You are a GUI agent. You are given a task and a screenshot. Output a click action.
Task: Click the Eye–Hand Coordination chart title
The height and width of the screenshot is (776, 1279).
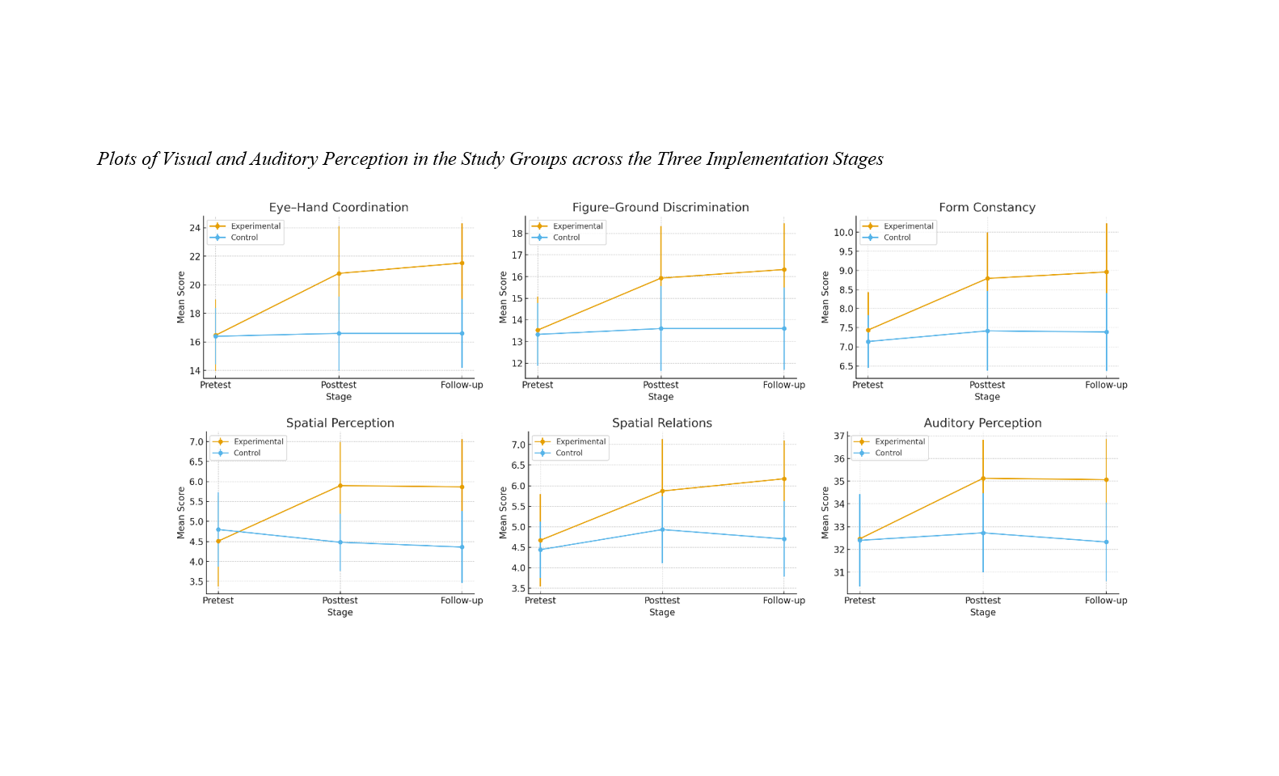339,208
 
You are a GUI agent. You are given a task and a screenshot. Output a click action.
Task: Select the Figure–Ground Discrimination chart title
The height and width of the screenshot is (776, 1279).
661,208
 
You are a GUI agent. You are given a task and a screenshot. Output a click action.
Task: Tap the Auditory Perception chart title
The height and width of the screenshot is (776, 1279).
982,424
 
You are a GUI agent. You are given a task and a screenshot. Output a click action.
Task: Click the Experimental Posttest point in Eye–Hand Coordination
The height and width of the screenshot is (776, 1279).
339,273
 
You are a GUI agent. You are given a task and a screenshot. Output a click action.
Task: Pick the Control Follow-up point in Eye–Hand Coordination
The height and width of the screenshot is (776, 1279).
462,333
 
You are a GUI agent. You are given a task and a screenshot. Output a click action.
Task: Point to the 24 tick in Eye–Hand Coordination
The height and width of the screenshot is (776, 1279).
195,229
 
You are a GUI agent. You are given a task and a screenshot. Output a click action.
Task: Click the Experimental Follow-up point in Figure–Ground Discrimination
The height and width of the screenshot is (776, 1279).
783,270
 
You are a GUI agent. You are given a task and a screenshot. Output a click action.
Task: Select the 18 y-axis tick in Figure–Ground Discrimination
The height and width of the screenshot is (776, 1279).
517,234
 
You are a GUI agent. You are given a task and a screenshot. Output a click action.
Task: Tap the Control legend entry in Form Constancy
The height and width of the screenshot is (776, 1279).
897,238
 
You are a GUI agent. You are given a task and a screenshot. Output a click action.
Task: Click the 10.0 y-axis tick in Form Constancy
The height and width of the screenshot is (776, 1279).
843,233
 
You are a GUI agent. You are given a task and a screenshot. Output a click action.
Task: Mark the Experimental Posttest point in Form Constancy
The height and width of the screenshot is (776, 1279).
987,279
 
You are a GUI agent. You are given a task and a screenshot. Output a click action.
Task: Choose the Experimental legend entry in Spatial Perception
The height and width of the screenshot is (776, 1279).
258,442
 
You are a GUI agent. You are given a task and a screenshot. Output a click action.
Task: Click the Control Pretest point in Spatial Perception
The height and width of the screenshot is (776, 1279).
218,529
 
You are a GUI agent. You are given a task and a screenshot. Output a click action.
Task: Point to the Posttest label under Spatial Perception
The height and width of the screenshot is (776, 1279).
340,601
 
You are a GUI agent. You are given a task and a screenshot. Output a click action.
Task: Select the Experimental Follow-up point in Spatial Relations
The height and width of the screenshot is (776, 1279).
783,479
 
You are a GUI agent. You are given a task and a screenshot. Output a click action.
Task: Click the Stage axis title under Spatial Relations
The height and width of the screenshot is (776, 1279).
662,613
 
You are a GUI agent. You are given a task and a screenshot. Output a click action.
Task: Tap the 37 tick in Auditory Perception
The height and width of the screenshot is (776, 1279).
839,436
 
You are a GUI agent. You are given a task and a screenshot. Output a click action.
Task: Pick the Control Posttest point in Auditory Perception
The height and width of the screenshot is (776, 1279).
983,533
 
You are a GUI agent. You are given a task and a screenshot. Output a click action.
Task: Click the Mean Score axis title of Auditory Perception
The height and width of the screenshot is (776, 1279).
825,512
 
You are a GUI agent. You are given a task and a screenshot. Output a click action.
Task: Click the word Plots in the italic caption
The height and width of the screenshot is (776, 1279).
116,159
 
